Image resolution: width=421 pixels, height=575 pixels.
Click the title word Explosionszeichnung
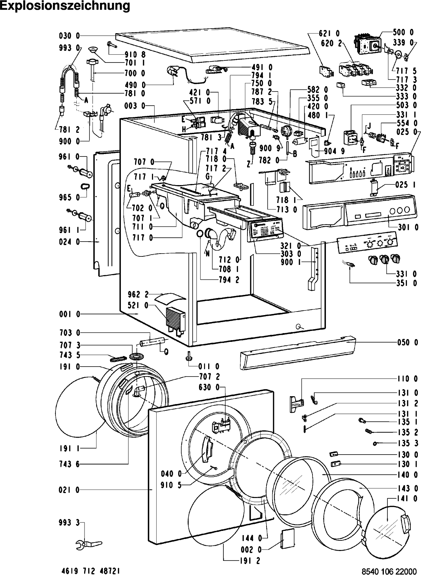pyautogui.click(x=65, y=6)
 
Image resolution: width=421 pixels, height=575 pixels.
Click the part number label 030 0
pyautogui.click(x=69, y=36)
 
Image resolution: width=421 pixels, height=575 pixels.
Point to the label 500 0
pyautogui.click(x=403, y=32)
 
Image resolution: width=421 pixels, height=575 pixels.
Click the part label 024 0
pyautogui.click(x=69, y=242)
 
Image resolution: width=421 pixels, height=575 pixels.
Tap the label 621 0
pyautogui.click(x=329, y=34)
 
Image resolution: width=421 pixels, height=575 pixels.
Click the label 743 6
pyautogui.click(x=69, y=464)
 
